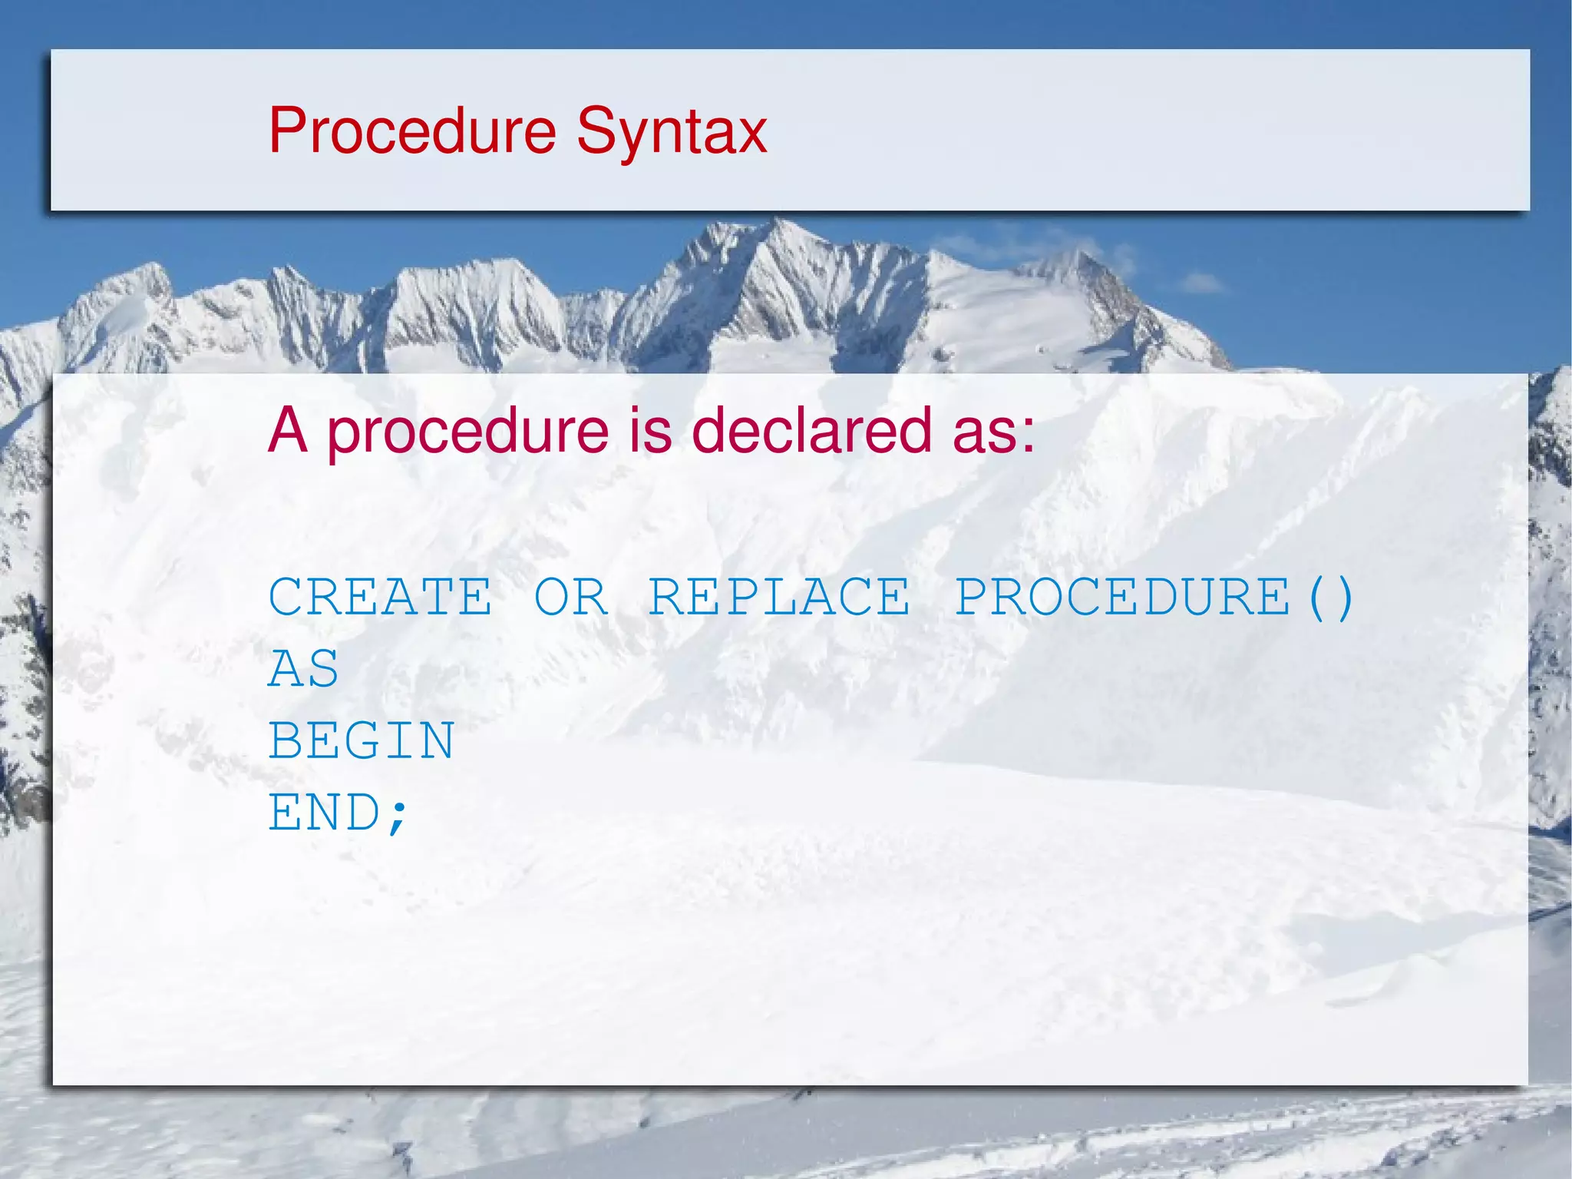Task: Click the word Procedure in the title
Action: pyautogui.click(x=412, y=131)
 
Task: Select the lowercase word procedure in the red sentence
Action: pyautogui.click(x=468, y=432)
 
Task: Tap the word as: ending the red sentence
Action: pyautogui.click(x=994, y=432)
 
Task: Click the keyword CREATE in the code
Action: pyautogui.click(x=380, y=597)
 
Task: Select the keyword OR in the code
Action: pyautogui.click(x=571, y=597)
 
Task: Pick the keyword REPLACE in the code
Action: pyautogui.click(x=780, y=597)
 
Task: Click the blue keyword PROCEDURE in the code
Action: pyautogui.click(x=1122, y=597)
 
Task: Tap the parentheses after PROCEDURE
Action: pyautogui.click(x=1331, y=598)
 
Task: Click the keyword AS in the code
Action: pyautogui.click(x=304, y=669)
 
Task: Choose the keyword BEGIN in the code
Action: pyautogui.click(x=362, y=741)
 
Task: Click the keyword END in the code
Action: pyautogui.click(x=323, y=813)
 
